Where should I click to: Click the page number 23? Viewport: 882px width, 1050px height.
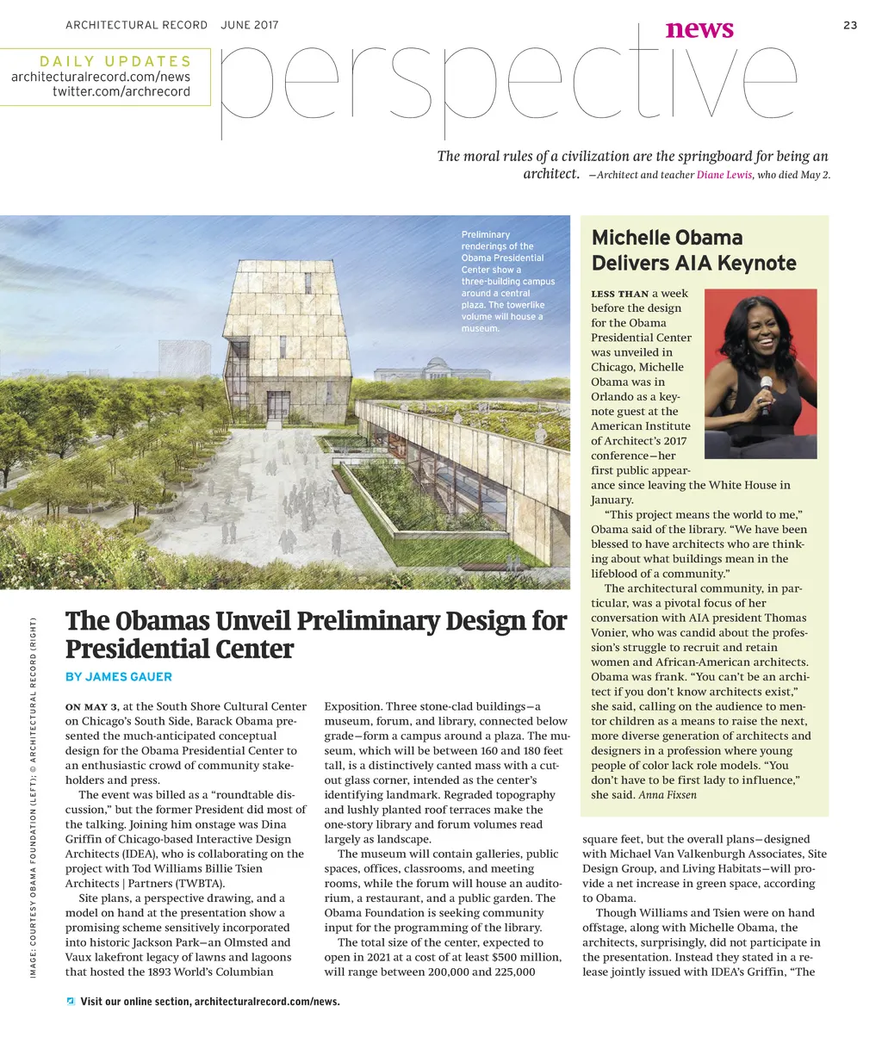[850, 25]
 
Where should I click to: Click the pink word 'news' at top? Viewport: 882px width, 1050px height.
[699, 29]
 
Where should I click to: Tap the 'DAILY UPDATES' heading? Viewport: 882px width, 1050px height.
[115, 61]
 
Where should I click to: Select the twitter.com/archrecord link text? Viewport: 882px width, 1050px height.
[121, 91]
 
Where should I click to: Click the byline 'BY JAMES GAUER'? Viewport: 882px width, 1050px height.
[119, 677]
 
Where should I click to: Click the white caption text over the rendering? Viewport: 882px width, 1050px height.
[508, 281]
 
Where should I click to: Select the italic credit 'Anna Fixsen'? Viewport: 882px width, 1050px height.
[668, 795]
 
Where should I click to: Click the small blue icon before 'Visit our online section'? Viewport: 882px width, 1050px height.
[71, 1001]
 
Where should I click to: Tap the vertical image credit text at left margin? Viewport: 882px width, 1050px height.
[33, 797]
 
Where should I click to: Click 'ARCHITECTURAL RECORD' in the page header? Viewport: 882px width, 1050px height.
[136, 25]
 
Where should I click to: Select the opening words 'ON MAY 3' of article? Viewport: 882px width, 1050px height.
[92, 707]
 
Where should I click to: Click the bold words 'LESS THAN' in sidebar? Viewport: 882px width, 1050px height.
[619, 294]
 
